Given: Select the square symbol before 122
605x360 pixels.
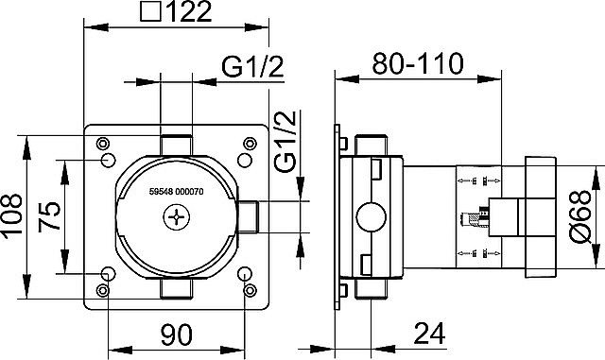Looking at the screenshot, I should [x=149, y=13].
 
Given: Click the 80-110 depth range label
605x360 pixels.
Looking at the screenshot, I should [x=417, y=64].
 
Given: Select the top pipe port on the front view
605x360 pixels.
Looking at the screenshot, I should [x=176, y=144].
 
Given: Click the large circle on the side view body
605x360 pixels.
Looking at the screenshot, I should [x=368, y=219].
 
